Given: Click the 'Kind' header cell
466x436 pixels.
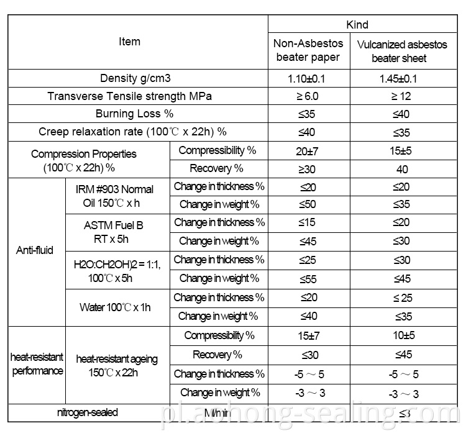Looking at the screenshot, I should coord(357,25).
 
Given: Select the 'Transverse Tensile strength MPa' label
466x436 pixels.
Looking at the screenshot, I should coord(129,96).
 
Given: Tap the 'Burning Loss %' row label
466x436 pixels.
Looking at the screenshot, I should coord(134,114).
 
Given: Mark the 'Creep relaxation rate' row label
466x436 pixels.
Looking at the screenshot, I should coord(132,132).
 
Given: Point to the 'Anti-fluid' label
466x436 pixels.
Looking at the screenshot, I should coord(34,250).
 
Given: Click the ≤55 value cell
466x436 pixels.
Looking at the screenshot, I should coord(308,279).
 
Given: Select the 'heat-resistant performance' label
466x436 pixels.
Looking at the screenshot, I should coord(37,365).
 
